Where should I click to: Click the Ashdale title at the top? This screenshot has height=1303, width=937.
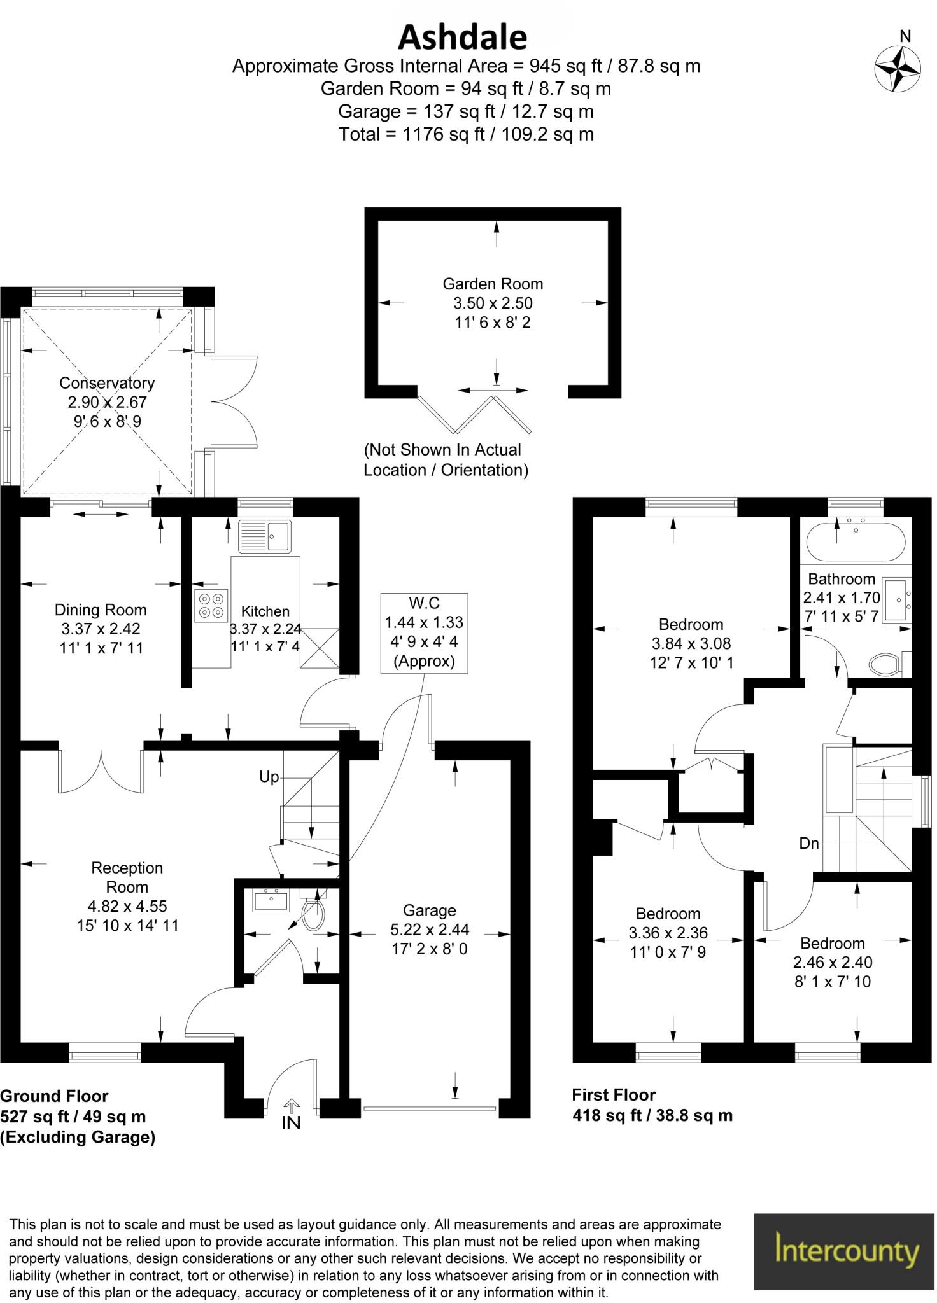(463, 38)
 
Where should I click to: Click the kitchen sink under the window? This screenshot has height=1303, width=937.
(265, 536)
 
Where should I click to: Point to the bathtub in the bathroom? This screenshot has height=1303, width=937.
(856, 542)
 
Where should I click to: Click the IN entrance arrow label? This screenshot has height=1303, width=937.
(291, 1123)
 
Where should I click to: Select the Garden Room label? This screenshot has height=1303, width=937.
(493, 284)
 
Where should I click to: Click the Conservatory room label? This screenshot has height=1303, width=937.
(107, 383)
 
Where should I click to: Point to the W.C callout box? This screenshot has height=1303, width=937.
(424, 632)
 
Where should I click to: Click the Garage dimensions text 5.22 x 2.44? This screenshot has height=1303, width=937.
(430, 930)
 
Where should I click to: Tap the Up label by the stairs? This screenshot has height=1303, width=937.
(269, 777)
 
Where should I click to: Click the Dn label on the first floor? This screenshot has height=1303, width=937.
(808, 844)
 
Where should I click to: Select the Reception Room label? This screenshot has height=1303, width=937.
(127, 877)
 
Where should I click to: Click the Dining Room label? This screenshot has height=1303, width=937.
(101, 610)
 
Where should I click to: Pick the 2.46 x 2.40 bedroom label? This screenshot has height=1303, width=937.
(833, 962)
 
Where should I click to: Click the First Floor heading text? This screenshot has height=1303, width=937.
(614, 1095)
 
